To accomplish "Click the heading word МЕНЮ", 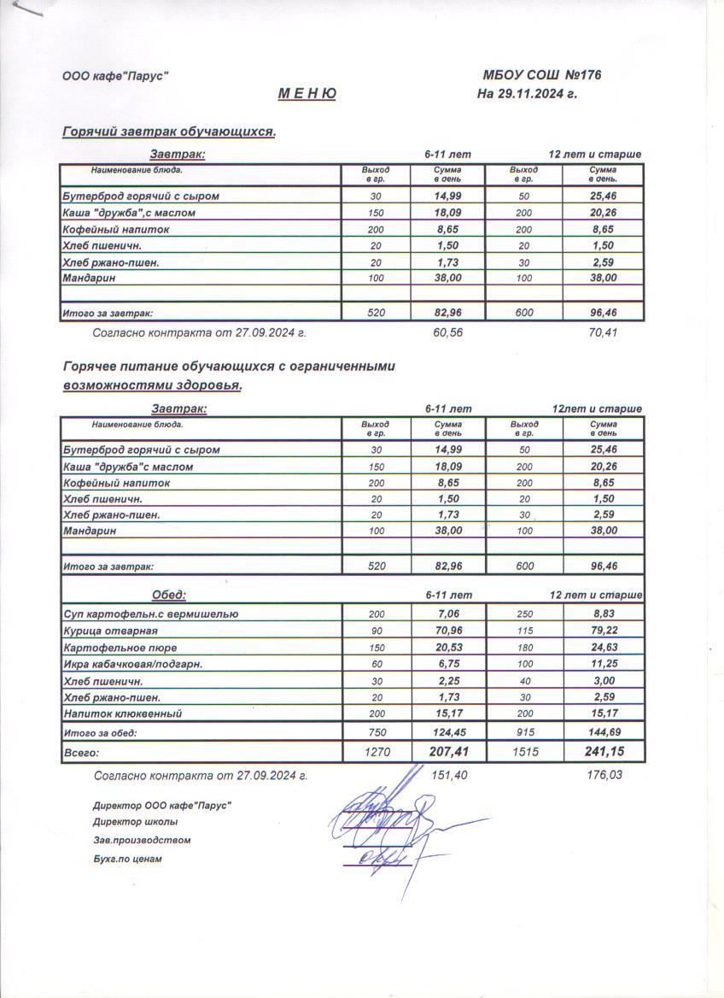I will [307, 94].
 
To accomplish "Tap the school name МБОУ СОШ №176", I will [542, 75].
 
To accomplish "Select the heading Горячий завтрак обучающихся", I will [169, 132].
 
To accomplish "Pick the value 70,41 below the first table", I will [603, 332].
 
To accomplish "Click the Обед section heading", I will [169, 595].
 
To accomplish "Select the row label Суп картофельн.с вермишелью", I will [151, 613].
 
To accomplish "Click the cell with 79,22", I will [603, 631].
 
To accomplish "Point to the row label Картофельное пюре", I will [120, 647].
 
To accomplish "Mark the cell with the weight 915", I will [524, 732].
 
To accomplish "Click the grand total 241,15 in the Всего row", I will [603, 753].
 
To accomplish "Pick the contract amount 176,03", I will [603, 776].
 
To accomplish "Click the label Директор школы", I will [136, 822].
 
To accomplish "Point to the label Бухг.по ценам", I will [127, 859].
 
